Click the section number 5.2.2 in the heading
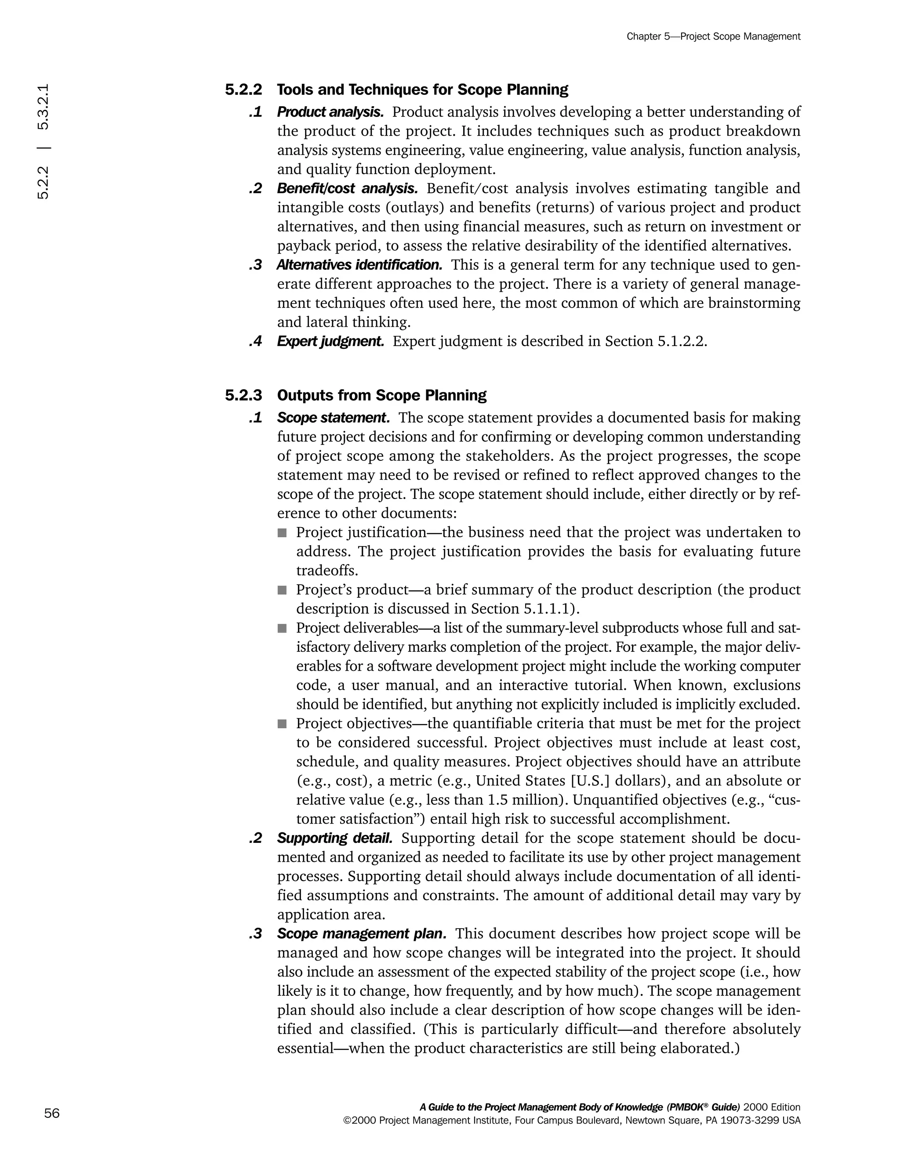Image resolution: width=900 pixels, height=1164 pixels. pos(243,90)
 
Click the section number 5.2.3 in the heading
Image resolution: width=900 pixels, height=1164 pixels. pos(243,395)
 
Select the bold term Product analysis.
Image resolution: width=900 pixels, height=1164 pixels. pos(330,112)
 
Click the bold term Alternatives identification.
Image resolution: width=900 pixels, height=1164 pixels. pos(359,265)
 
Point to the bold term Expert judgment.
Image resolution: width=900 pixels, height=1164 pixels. pos(330,341)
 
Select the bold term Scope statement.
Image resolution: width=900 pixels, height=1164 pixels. pos(333,417)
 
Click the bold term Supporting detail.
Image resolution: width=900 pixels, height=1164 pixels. pos(334,838)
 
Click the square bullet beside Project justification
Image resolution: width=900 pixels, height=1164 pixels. pos(282,532)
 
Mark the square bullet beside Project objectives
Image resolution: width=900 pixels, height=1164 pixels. pos(282,724)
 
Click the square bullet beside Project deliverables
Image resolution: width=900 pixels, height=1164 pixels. pos(282,629)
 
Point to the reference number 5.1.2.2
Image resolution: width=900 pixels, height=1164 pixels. pos(682,341)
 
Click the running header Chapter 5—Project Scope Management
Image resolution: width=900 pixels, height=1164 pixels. pos(713,36)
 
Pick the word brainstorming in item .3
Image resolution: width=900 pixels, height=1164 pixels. pos(754,303)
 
